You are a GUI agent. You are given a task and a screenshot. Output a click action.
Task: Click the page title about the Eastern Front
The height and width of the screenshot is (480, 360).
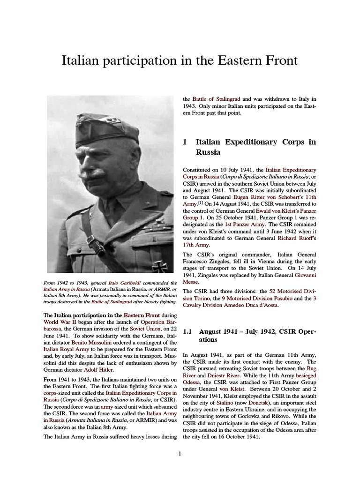pyautogui.click(x=180, y=61)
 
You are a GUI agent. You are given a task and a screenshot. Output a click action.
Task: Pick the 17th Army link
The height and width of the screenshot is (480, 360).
pyautogui.click(x=196, y=245)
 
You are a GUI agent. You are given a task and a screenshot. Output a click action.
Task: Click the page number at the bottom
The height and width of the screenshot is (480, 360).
pyautogui.click(x=180, y=453)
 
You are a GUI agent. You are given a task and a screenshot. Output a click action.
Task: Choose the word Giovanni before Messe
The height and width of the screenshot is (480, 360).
pyautogui.click(x=300, y=275)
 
